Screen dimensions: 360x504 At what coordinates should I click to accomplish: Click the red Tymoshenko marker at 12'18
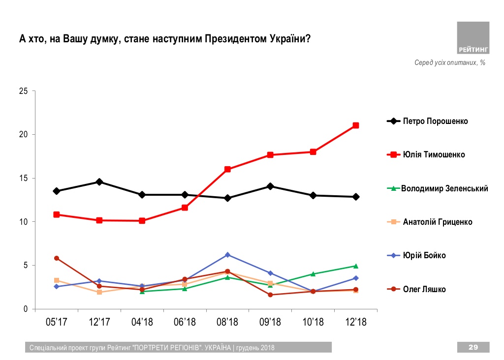click(x=355, y=125)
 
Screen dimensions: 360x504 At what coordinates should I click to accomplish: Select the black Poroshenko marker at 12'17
click(x=99, y=182)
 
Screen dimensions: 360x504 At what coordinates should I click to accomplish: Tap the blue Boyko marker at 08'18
click(x=227, y=255)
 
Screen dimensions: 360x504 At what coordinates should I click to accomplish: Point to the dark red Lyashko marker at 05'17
click(x=57, y=258)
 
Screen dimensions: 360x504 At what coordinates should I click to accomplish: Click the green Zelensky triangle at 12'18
click(x=355, y=266)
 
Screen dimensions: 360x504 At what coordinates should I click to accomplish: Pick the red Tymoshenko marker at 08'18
click(x=227, y=169)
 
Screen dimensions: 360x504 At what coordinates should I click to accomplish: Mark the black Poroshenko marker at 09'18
click(x=270, y=186)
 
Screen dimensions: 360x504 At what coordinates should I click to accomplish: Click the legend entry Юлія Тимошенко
click(x=434, y=154)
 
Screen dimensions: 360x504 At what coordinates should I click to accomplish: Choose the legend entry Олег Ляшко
click(x=424, y=289)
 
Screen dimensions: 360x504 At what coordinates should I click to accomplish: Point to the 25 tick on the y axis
click(x=24, y=91)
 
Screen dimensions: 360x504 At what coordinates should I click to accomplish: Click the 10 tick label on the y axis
click(x=24, y=222)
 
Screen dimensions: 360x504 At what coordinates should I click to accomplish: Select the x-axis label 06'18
click(x=185, y=322)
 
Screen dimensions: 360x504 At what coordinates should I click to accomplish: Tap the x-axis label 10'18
click(x=313, y=322)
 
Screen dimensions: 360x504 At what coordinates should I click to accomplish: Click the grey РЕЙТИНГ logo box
click(x=473, y=38)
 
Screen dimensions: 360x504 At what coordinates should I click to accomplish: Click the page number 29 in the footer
click(x=473, y=348)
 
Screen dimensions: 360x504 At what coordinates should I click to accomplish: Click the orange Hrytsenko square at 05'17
click(x=57, y=280)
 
